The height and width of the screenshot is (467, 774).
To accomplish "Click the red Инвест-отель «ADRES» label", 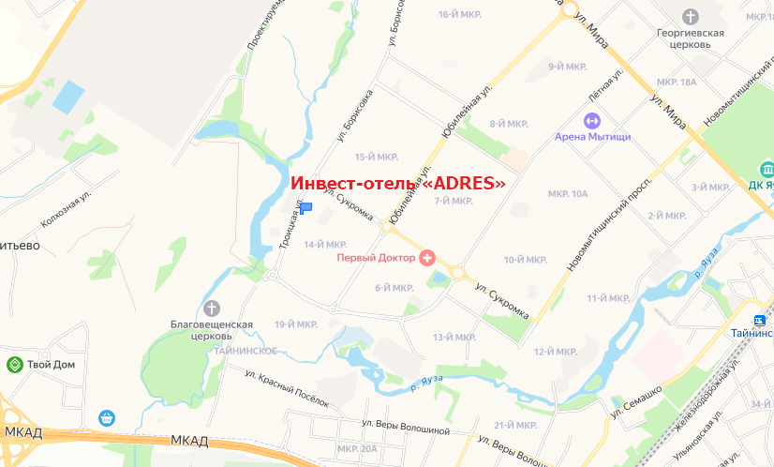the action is pos(399,184).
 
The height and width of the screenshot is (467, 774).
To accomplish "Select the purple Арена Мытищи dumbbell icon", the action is pos(592,120).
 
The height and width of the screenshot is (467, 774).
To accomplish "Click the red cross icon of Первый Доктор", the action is pos(427,256).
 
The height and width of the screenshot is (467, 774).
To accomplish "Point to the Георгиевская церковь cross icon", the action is pos(691,16).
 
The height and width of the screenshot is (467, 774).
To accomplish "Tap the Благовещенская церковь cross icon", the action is pos(212,308).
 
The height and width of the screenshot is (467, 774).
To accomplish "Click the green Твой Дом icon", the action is pos(15,364).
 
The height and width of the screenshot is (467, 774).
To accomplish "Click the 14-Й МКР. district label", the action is pos(326,245).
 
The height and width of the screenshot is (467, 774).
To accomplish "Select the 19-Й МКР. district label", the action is pos(296,324).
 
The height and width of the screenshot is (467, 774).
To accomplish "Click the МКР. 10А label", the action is pos(568,194).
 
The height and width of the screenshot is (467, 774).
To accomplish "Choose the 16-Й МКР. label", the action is pos(459,14).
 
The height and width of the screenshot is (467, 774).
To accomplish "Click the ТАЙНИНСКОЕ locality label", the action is pos(245,350).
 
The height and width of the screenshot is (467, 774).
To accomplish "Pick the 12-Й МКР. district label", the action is pos(554,352).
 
